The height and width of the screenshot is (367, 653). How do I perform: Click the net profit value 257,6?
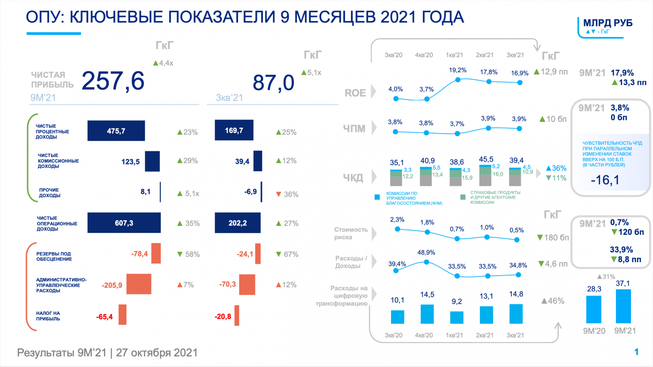click(x=113, y=81)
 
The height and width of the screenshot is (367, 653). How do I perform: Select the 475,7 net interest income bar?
click(x=116, y=131)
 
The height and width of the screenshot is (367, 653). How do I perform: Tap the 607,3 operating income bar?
click(x=124, y=223)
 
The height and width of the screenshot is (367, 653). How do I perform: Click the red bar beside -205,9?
click(x=139, y=284)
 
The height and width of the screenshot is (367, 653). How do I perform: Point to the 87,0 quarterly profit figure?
click(x=273, y=83)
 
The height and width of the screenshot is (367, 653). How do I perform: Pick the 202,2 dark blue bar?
click(x=238, y=223)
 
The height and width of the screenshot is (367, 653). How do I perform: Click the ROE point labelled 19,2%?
click(x=458, y=80)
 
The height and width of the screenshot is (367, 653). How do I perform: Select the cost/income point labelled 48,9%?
click(x=426, y=262)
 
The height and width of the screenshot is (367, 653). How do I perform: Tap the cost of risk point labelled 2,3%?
click(x=397, y=229)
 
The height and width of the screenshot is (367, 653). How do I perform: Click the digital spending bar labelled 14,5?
click(x=427, y=314)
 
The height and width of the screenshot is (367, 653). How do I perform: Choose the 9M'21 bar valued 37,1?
click(x=623, y=306)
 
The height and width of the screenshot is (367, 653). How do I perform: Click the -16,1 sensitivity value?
click(x=605, y=180)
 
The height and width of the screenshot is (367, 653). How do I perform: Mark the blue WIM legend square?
click(x=377, y=197)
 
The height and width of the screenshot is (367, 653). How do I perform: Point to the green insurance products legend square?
click(x=463, y=197)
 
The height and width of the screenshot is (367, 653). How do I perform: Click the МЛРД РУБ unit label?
click(x=607, y=23)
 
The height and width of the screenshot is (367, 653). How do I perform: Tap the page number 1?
click(x=636, y=352)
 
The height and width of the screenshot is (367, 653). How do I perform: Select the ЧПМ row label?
click(x=354, y=128)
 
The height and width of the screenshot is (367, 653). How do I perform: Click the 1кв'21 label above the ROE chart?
click(x=454, y=55)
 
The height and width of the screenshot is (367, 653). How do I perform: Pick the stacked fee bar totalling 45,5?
click(x=485, y=175)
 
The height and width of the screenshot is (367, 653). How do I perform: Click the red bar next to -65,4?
click(x=122, y=315)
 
